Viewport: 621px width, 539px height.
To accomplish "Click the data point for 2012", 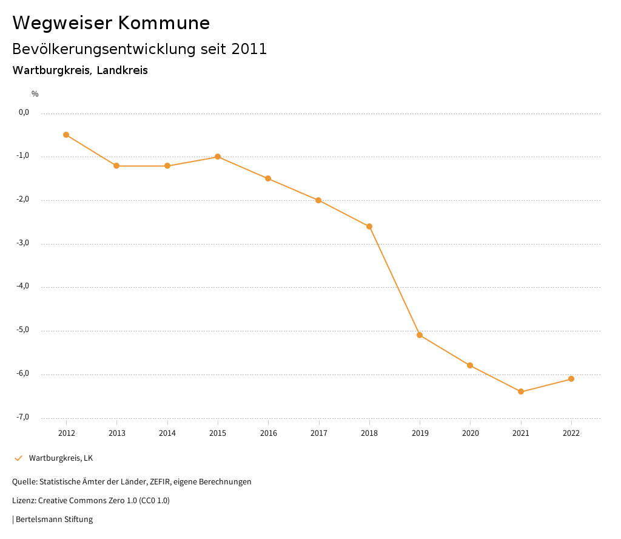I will tap(66, 135).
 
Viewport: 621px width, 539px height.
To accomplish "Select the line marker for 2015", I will tap(218, 157).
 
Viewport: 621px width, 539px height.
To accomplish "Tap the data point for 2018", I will tap(369, 226).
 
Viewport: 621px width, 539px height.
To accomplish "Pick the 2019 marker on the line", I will tap(420, 335).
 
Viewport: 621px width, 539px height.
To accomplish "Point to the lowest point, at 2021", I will tap(521, 392).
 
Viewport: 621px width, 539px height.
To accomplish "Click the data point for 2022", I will tap(571, 379).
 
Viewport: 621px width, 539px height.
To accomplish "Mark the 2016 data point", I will tap(268, 178).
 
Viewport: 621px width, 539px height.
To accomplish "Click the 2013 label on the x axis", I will tap(116, 433).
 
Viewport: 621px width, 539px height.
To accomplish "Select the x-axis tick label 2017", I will tap(319, 433).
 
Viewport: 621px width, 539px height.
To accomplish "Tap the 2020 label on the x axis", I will tap(471, 433).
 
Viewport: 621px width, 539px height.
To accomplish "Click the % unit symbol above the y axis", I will tap(35, 93).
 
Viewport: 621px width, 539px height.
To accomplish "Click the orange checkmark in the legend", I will tap(18, 458).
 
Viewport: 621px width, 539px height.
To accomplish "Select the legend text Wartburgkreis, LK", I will tap(61, 458).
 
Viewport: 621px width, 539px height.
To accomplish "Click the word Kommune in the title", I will tap(164, 23).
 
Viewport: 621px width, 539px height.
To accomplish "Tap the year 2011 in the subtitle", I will tap(249, 49).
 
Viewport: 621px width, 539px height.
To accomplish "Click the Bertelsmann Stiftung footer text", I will tap(54, 520).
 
